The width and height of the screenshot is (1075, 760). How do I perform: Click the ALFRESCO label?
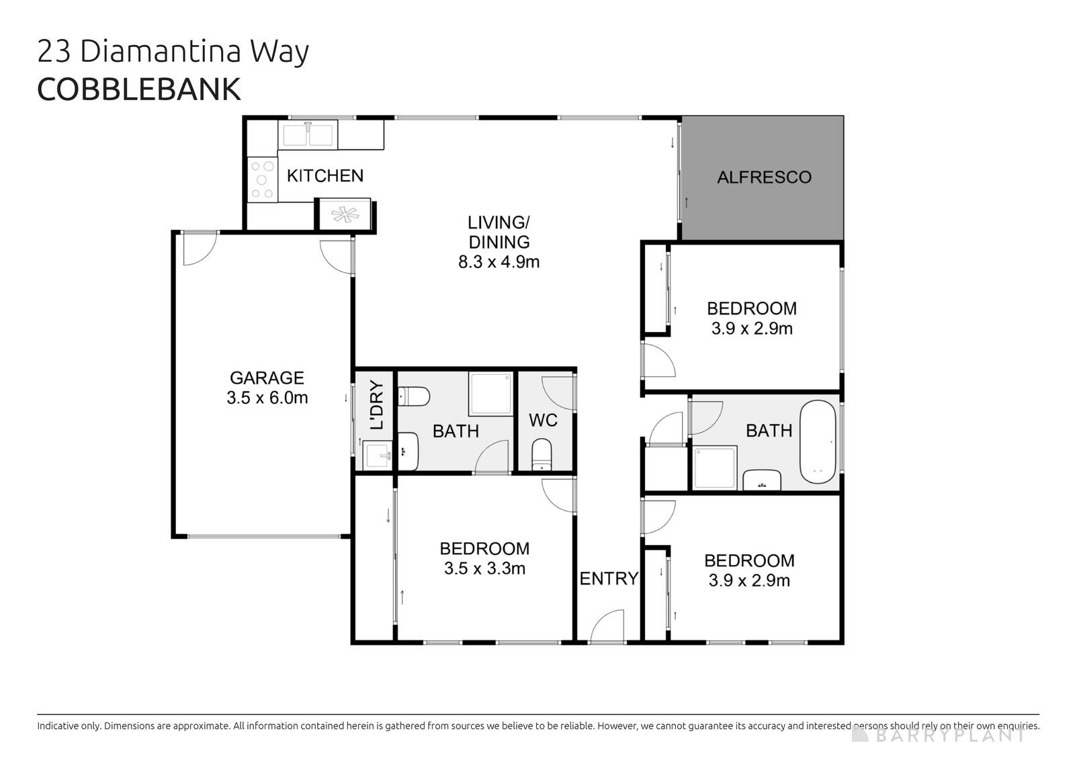click(x=764, y=177)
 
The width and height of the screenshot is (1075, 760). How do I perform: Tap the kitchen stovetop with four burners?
click(x=261, y=179)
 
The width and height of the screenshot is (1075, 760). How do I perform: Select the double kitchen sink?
click(x=308, y=134)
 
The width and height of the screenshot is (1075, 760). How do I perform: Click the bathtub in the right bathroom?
click(x=818, y=442)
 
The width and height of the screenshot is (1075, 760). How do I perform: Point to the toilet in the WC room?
click(x=541, y=455)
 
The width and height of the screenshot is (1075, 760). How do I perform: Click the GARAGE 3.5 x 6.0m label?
click(x=267, y=388)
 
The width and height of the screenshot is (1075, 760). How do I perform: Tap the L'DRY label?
click(x=376, y=405)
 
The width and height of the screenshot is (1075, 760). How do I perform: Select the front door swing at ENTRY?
click(x=609, y=626)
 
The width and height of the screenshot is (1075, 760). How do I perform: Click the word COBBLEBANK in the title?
click(x=138, y=90)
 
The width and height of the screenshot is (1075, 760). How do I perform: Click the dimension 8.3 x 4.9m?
click(x=499, y=262)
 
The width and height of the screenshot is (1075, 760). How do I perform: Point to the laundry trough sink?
click(x=378, y=456)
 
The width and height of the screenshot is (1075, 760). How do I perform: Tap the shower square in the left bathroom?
click(x=490, y=394)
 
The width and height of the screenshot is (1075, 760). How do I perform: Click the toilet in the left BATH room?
click(x=413, y=396)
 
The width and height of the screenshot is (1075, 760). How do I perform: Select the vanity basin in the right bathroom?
click(x=761, y=480)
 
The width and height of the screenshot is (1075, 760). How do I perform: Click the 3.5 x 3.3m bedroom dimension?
click(x=484, y=569)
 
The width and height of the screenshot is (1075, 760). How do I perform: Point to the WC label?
click(x=543, y=421)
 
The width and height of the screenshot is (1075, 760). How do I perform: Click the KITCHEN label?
click(x=325, y=176)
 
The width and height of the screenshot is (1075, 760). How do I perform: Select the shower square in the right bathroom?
click(x=715, y=468)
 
